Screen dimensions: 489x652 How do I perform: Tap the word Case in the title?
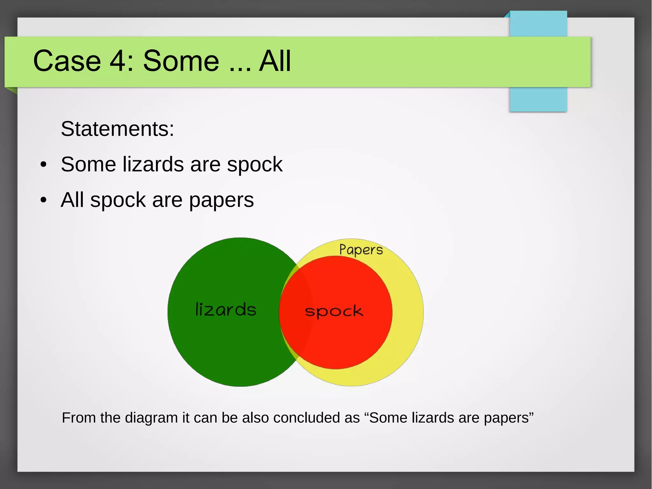pos(67,61)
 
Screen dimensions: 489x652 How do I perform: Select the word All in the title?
pos(275,61)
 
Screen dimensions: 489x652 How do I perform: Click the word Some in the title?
pos(181,61)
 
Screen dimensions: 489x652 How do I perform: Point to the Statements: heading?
pos(117,129)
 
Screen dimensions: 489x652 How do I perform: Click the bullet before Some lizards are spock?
pos(44,165)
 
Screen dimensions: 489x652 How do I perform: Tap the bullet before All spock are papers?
pos(44,200)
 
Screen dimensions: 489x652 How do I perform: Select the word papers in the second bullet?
pos(221,201)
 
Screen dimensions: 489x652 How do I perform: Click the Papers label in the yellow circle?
pos(361,250)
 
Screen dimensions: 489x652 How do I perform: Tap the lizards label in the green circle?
pos(226,310)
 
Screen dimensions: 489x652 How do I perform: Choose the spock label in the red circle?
pos(334,312)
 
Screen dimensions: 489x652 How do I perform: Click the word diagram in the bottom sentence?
pos(151,418)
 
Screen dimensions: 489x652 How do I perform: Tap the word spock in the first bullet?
pos(254,165)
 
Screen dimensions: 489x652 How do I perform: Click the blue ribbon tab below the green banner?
pos(538,99)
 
